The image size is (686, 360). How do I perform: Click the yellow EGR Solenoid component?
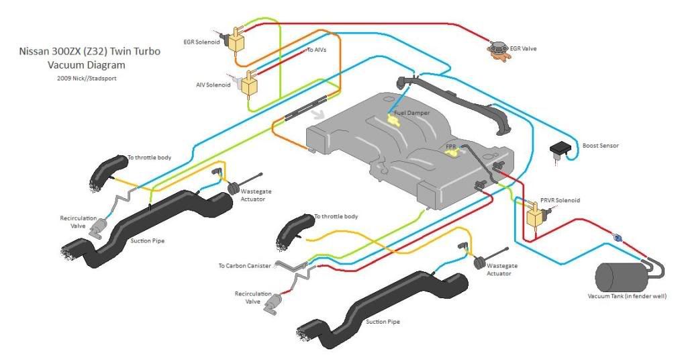(236, 42)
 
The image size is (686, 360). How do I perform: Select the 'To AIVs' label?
(317, 50)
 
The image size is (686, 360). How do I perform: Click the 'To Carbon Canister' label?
(245, 266)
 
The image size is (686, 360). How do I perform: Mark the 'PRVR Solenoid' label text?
(560, 200)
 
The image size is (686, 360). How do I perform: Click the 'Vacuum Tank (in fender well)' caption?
(628, 296)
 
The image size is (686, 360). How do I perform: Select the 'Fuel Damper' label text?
(411, 113)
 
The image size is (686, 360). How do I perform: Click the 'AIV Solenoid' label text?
(213, 85)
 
